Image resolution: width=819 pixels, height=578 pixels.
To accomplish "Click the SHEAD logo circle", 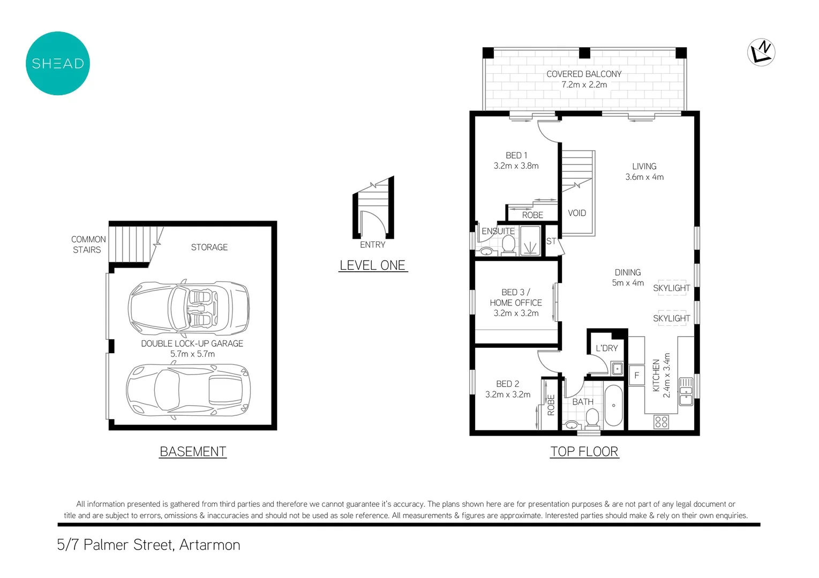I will tap(58, 63).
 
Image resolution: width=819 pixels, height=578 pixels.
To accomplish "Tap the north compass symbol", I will tap(761, 52).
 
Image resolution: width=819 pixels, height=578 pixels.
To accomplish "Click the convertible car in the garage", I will tap(189, 308).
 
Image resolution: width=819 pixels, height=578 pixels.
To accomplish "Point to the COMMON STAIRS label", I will tap(88, 245).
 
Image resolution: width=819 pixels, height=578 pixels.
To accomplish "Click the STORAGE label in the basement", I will tap(209, 247).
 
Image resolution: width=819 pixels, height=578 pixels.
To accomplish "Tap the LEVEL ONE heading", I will tap(373, 265).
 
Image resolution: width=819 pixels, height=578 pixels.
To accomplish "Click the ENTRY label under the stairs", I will tap(373, 245).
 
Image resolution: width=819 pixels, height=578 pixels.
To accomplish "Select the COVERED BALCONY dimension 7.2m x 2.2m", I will tap(584, 85).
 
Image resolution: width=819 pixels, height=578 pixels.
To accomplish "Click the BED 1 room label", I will tap(516, 155).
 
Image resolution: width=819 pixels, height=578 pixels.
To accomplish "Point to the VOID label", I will tap(577, 213).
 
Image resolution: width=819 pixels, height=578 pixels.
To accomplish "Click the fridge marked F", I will tap(636, 375).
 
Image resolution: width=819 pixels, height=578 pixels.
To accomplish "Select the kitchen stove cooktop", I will tap(661, 422).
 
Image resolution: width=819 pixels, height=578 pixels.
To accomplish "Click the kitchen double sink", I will tap(686, 391).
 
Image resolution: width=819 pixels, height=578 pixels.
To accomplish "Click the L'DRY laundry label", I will tap(607, 348).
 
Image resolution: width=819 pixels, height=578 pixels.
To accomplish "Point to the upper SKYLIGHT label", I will tap(671, 288).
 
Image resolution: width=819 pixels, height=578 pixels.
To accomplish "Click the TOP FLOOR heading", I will tap(584, 452).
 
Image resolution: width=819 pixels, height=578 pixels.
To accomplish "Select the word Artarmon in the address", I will tap(210, 545).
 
